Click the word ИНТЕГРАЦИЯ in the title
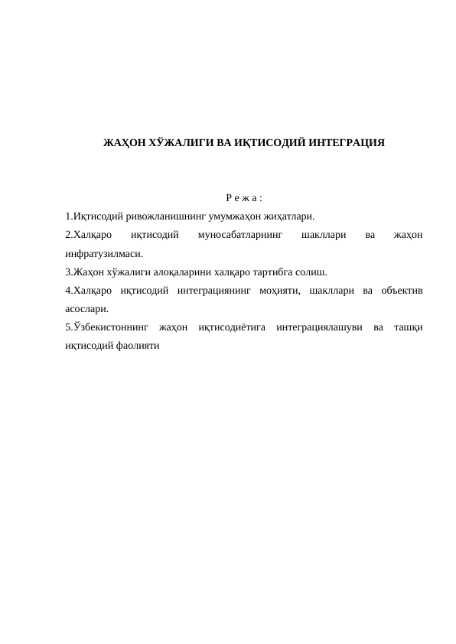[x=341, y=143]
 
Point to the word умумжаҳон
[x=230, y=216]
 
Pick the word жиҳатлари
[x=288, y=216]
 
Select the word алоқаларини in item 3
[x=180, y=272]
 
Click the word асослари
[x=86, y=309]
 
